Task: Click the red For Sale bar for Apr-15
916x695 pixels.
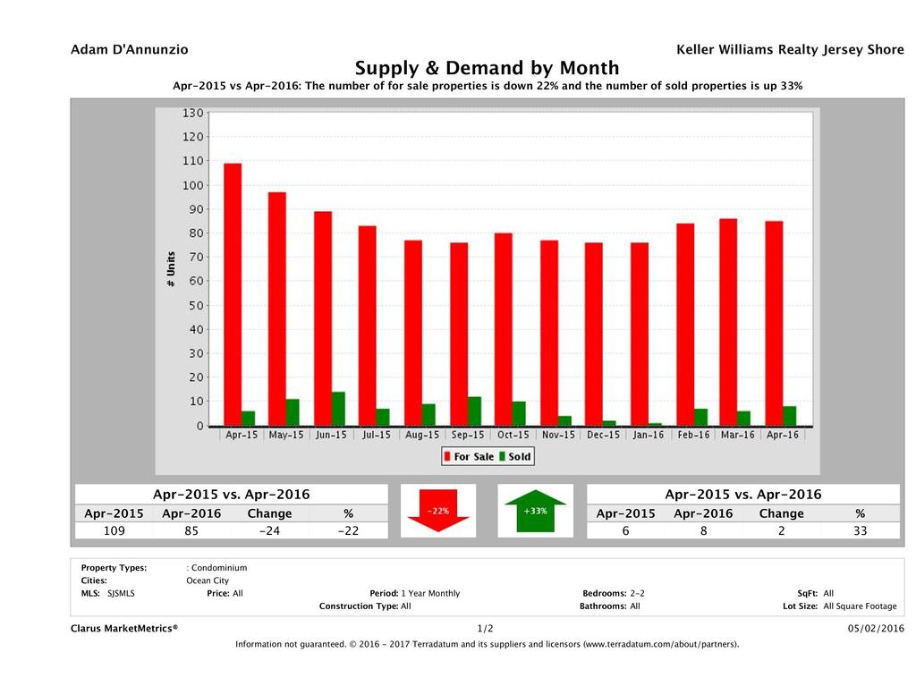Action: click(233, 294)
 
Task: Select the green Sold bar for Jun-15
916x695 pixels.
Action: click(338, 409)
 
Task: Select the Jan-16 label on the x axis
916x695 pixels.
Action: click(648, 435)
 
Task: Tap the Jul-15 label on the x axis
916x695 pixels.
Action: click(376, 435)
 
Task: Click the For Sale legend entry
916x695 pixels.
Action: click(468, 456)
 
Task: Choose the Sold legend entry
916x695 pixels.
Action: click(514, 456)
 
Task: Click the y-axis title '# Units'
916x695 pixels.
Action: click(170, 268)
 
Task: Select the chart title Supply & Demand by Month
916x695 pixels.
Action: click(488, 68)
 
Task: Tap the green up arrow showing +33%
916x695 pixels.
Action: click(535, 512)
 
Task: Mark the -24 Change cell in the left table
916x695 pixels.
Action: click(269, 530)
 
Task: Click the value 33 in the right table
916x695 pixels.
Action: click(860, 530)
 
